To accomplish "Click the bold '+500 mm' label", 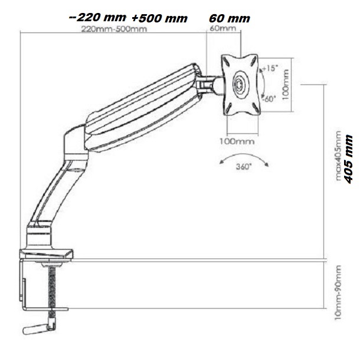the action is click(159, 18).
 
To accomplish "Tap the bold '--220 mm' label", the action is click(97, 17).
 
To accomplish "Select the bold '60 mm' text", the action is click(230, 18).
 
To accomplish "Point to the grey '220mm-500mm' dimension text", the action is click(114, 29).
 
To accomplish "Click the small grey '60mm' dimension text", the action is click(222, 28).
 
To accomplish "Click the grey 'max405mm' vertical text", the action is click(338, 156).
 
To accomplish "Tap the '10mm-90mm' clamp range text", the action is click(338, 293).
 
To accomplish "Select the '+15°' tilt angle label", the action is click(270, 68).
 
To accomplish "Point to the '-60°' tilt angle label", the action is click(269, 99).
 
